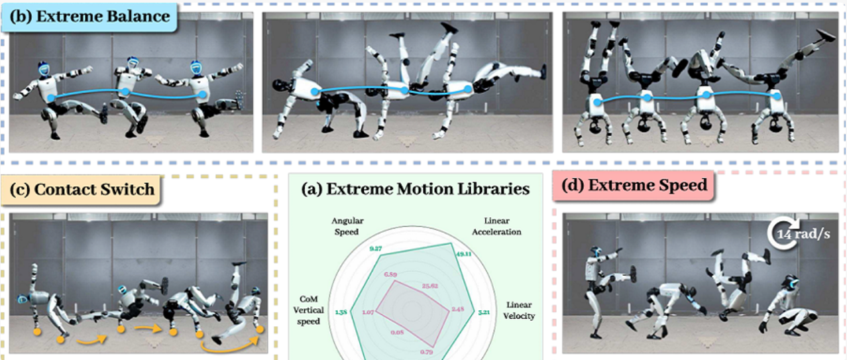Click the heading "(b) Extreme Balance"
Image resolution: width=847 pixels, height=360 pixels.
(x=89, y=17)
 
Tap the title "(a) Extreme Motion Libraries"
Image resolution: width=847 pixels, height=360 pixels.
(x=416, y=189)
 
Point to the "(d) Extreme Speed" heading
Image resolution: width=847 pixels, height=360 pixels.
(x=634, y=186)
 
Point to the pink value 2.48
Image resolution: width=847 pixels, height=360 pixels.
(x=458, y=308)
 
